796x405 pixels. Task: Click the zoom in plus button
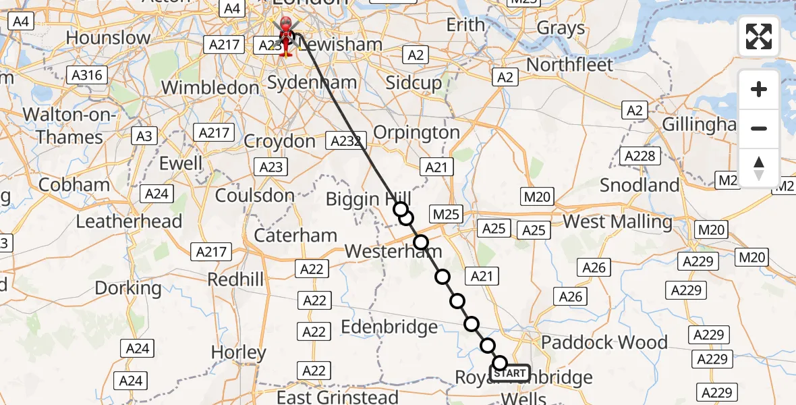point(759,89)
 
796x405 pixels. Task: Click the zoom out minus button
point(759,128)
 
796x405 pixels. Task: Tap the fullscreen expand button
point(759,36)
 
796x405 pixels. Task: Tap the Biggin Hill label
point(368,199)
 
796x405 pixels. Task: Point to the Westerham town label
point(393,251)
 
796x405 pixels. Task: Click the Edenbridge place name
point(389,327)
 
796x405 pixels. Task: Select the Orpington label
point(416,132)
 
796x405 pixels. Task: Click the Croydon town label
point(279,142)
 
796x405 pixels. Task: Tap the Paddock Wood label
point(604,342)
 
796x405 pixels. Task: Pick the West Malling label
point(617,221)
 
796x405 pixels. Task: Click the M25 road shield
point(446,215)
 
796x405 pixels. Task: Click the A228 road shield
point(639,157)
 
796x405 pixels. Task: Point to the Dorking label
point(128,288)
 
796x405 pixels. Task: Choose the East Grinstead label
point(337,398)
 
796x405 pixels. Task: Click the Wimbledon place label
point(210,88)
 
